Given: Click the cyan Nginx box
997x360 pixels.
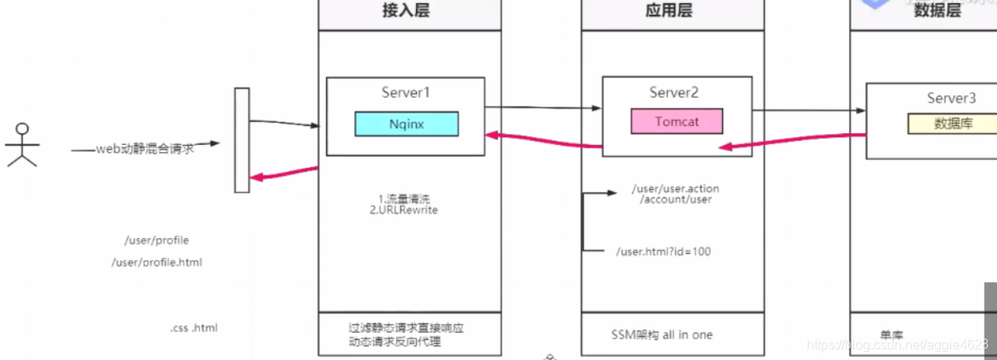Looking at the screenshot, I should [407, 123].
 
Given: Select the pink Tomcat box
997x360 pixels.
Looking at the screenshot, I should [676, 121].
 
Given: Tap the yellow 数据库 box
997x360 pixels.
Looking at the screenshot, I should [951, 123].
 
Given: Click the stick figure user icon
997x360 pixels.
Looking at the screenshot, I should [22, 145].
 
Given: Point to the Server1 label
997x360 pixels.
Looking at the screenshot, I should [406, 92].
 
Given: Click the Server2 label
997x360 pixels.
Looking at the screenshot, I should [676, 92].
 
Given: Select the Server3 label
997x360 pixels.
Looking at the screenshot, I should [951, 98].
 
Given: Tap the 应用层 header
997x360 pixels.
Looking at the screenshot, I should [669, 11].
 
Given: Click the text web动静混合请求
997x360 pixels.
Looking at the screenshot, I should [146, 149].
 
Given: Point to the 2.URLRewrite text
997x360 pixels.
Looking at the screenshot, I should [403, 210].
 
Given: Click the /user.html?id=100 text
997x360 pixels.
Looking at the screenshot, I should [664, 251].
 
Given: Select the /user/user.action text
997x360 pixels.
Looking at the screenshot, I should [675, 189].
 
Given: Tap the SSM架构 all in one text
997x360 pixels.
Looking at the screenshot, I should [661, 334].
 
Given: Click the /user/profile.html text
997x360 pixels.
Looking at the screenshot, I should [156, 262].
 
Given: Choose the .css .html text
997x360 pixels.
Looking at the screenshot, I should [194, 329].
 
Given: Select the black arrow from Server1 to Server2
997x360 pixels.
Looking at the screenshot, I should [543, 107].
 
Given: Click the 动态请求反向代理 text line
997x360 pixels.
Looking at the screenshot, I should [395, 342].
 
